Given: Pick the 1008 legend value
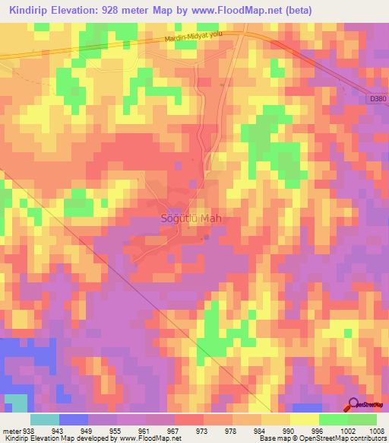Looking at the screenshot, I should point(376,430).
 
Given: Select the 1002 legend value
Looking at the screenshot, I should point(346,430).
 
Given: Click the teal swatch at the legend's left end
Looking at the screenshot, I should point(45,419).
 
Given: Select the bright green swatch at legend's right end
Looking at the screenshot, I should point(362,419).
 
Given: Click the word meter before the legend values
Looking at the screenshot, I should point(11,430).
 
